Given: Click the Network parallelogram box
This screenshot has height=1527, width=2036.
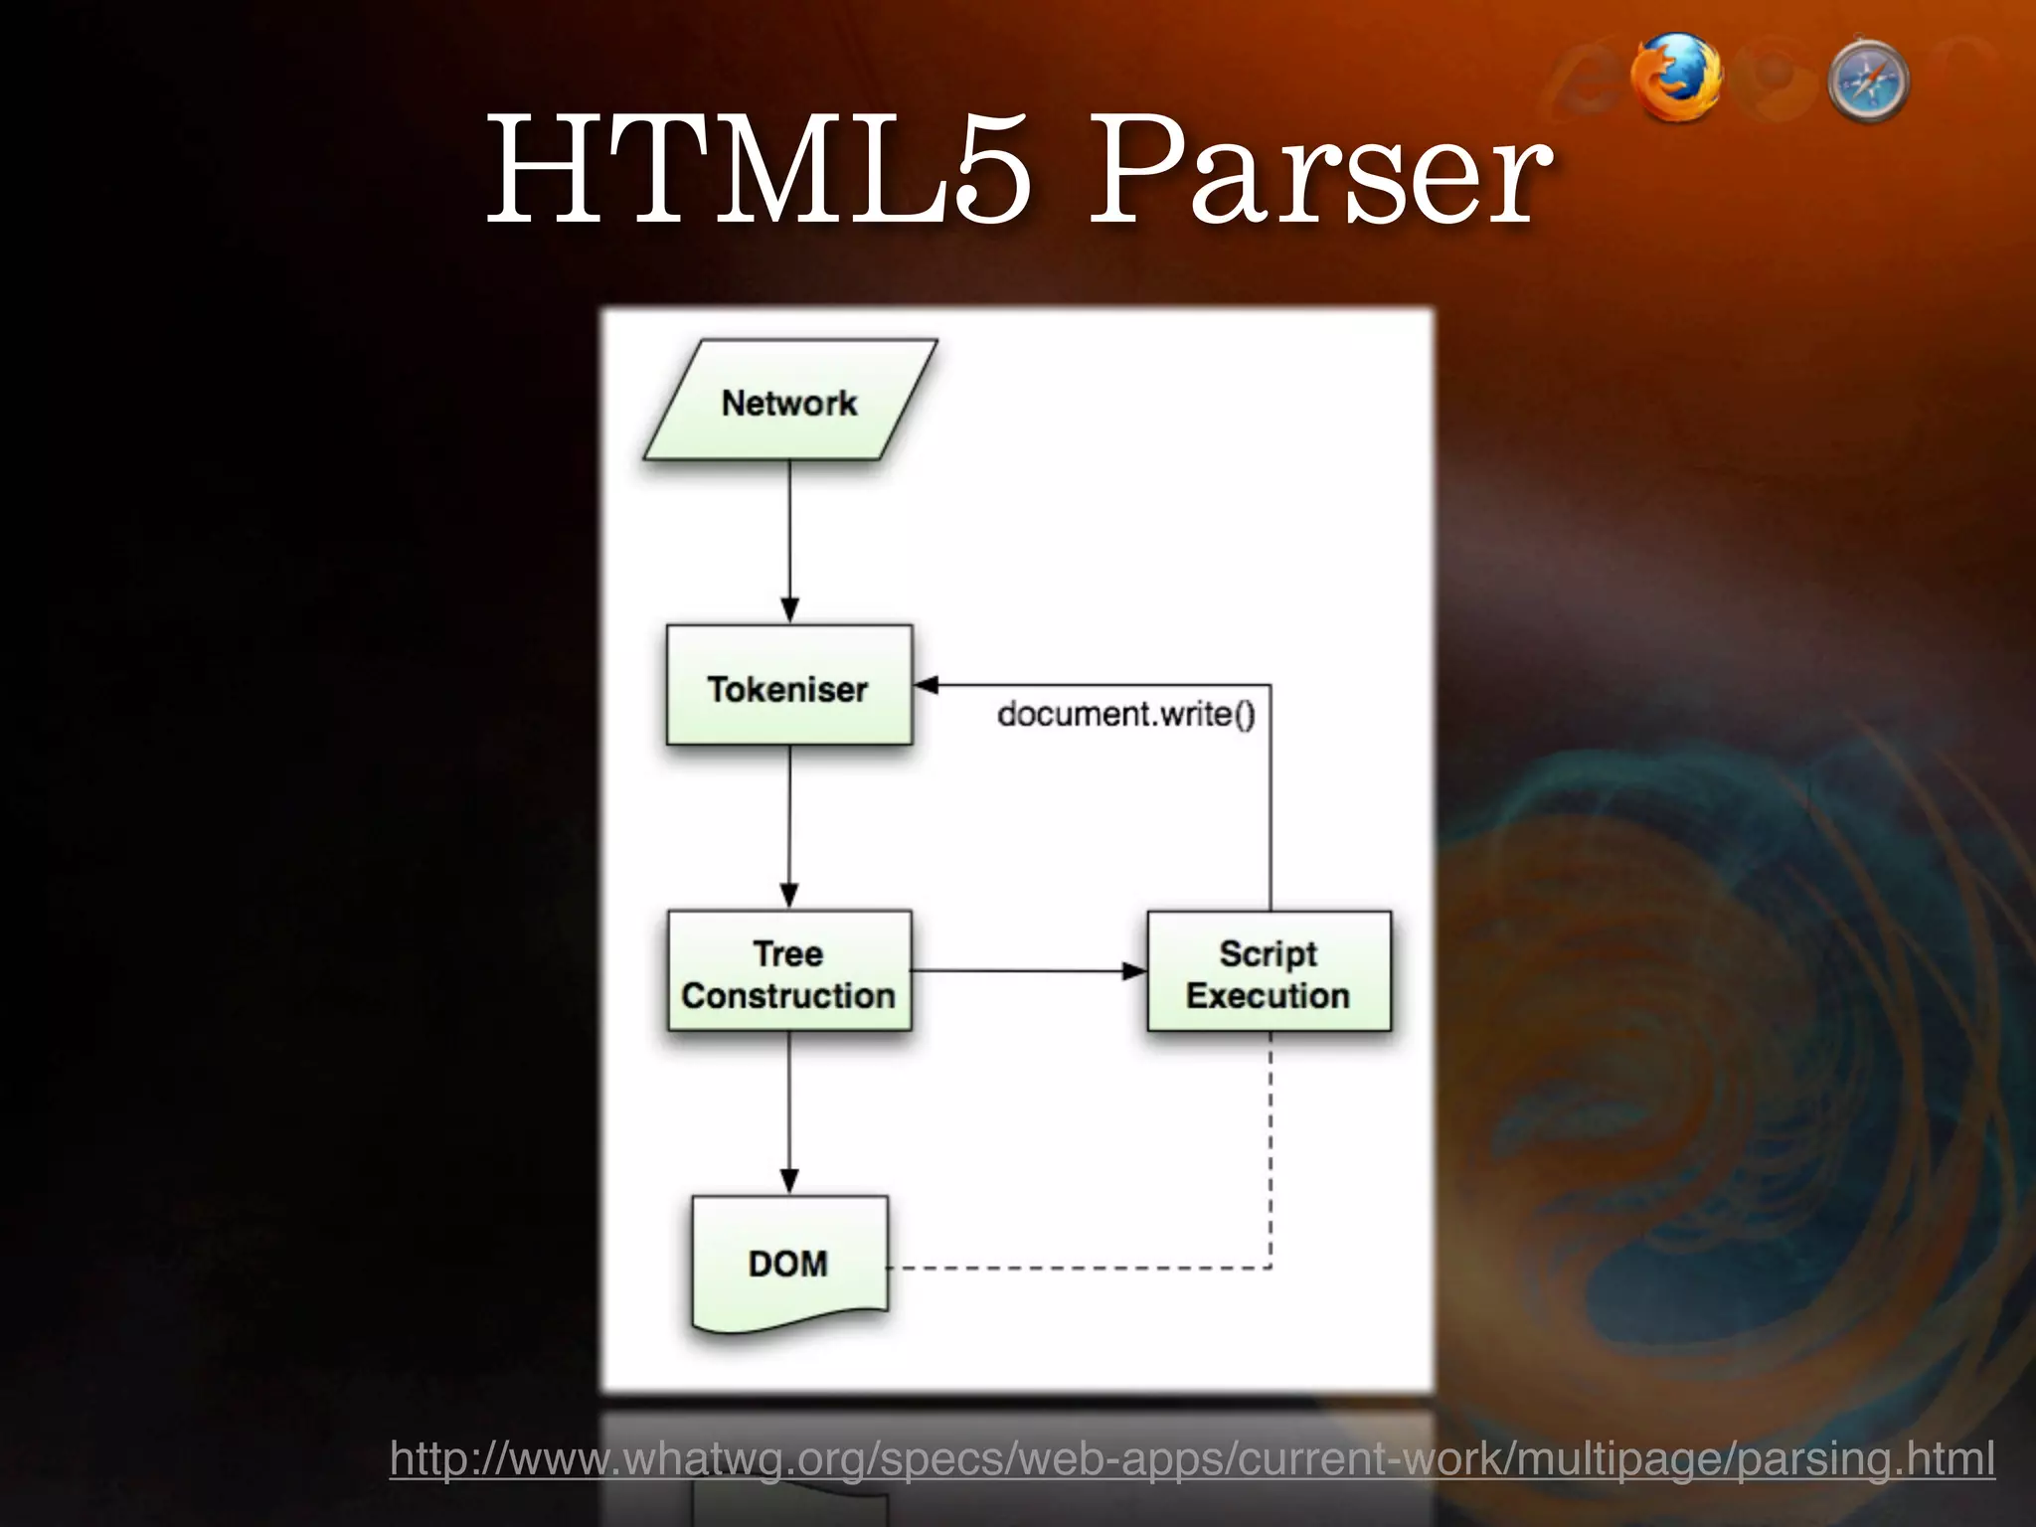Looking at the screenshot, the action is tap(789, 401).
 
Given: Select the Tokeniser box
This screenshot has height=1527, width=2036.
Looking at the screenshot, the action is tap(788, 686).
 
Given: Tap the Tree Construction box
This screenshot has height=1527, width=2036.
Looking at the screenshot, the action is tap(788, 971).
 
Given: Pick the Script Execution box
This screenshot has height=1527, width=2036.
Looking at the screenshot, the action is tap(1269, 971).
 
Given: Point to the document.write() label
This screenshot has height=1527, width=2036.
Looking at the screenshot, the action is tap(1125, 714).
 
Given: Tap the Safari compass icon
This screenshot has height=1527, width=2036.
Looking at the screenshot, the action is tap(1868, 83).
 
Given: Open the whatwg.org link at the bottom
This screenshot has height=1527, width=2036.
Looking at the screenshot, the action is tap(1191, 1459).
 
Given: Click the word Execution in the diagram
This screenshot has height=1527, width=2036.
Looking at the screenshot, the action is tap(1268, 995).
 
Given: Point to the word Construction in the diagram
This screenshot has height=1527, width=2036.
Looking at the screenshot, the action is tap(788, 995).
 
